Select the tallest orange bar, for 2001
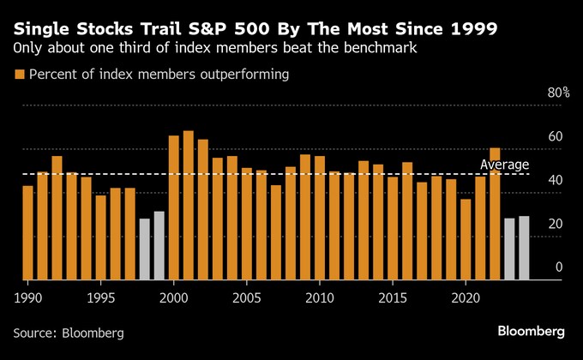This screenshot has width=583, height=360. pos(188,206)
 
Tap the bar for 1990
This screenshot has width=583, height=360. pos(27,232)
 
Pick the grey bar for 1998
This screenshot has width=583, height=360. pos(144,249)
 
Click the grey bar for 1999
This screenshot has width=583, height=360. pos(159,245)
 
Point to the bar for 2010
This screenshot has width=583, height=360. pos(320,218)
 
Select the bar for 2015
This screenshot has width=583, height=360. pos(393,228)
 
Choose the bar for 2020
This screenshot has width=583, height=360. pos(466,239)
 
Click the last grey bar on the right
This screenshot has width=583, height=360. pos(524,248)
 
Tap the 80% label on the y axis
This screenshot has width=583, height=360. pos(559,93)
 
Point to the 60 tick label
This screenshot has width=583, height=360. pos(555,136)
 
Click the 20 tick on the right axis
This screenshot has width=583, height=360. pos(555,224)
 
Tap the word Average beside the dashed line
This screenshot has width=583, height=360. pos(504,165)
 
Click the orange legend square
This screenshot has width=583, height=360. pos(19,75)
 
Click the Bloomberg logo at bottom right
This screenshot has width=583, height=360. pos(531,331)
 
